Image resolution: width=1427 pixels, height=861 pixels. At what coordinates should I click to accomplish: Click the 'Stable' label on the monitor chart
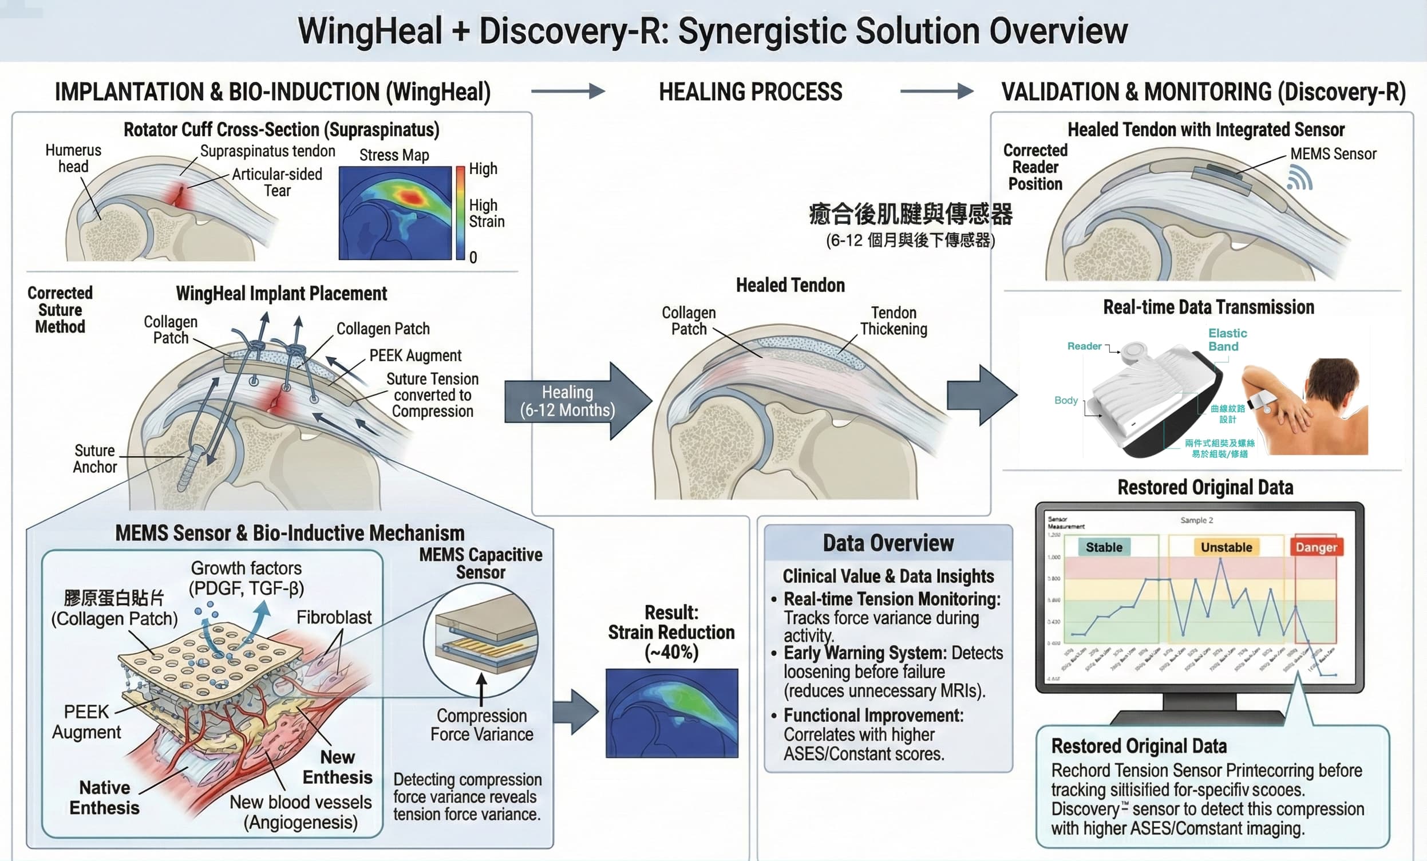pos(1103,547)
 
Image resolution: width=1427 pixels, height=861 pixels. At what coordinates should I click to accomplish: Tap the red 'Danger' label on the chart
pos(1316,547)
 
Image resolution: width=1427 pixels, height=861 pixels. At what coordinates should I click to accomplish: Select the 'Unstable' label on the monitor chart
pos(1226,547)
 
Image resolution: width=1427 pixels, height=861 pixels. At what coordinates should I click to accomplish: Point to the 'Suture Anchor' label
pos(94,459)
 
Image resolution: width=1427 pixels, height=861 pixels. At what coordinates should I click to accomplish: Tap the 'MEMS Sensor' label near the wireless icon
pos(1333,154)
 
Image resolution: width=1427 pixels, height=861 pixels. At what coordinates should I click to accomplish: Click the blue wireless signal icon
pos(1299,179)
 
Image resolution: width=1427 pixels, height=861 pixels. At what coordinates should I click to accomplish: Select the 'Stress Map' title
pos(394,155)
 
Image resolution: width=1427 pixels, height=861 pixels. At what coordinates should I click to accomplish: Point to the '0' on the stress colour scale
pos(473,257)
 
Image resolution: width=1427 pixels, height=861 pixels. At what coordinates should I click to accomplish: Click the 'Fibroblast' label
pos(334,617)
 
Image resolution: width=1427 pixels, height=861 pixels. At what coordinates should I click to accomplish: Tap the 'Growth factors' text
pos(246,568)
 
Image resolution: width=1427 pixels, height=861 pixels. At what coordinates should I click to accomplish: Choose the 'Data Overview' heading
pos(888,543)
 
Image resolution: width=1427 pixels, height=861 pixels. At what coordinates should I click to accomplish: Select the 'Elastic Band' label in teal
pos(1227,340)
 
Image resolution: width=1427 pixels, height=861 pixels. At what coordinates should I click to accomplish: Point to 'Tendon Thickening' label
pos(893,321)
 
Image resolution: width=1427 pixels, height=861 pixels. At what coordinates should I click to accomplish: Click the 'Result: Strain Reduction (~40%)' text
pos(671,632)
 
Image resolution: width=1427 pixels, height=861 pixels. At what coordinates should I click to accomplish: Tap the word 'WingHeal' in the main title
pos(370,31)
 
